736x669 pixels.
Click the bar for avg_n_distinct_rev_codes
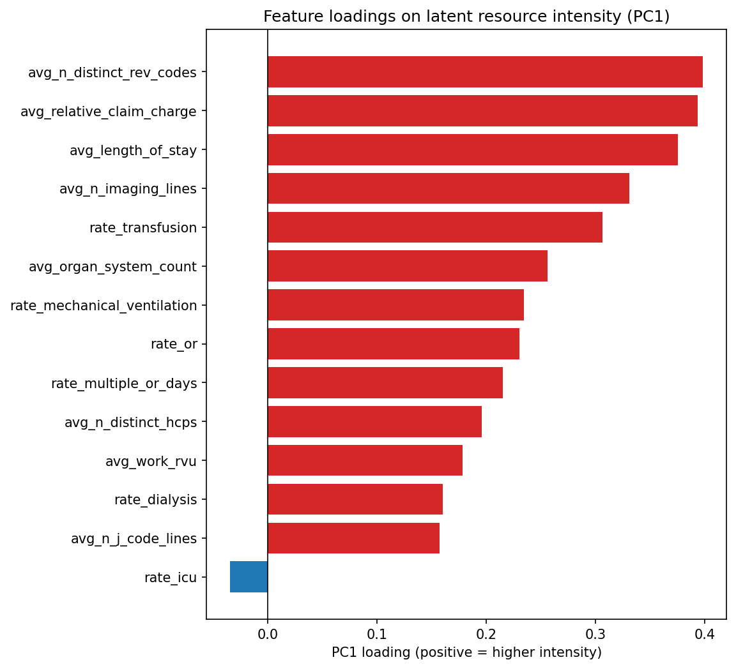(x=485, y=72)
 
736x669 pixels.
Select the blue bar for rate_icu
(x=249, y=577)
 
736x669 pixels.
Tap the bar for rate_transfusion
(x=434, y=227)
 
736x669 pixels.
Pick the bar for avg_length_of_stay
(x=472, y=150)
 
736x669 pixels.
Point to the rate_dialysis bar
(x=355, y=499)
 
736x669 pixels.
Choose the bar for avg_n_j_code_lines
(x=353, y=538)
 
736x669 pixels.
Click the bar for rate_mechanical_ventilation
(x=395, y=305)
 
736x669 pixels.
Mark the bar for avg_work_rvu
(x=365, y=460)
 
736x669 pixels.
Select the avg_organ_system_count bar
(x=407, y=266)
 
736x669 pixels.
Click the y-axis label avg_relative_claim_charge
(x=109, y=112)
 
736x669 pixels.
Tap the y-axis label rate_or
(x=174, y=344)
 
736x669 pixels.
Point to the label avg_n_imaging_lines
(x=128, y=189)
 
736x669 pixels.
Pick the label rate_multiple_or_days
(x=124, y=383)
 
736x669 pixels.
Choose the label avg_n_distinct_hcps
(x=130, y=422)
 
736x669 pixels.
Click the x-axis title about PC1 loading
(x=466, y=652)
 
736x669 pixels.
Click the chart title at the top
(x=466, y=17)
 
